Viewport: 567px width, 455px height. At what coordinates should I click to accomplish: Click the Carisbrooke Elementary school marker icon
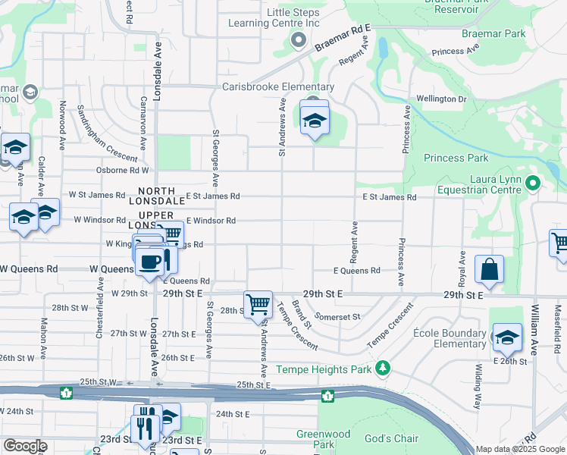point(315,120)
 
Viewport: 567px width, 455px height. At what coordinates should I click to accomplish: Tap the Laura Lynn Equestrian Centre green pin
point(533,183)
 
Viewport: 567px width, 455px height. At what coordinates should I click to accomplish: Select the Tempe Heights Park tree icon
point(384,368)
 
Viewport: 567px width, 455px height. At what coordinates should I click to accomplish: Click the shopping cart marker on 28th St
point(258,305)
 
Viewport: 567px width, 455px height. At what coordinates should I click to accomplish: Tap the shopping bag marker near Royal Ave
point(490,270)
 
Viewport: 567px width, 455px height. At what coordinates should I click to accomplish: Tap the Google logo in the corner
point(25,446)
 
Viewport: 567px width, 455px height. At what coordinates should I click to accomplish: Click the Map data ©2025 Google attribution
point(519,449)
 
